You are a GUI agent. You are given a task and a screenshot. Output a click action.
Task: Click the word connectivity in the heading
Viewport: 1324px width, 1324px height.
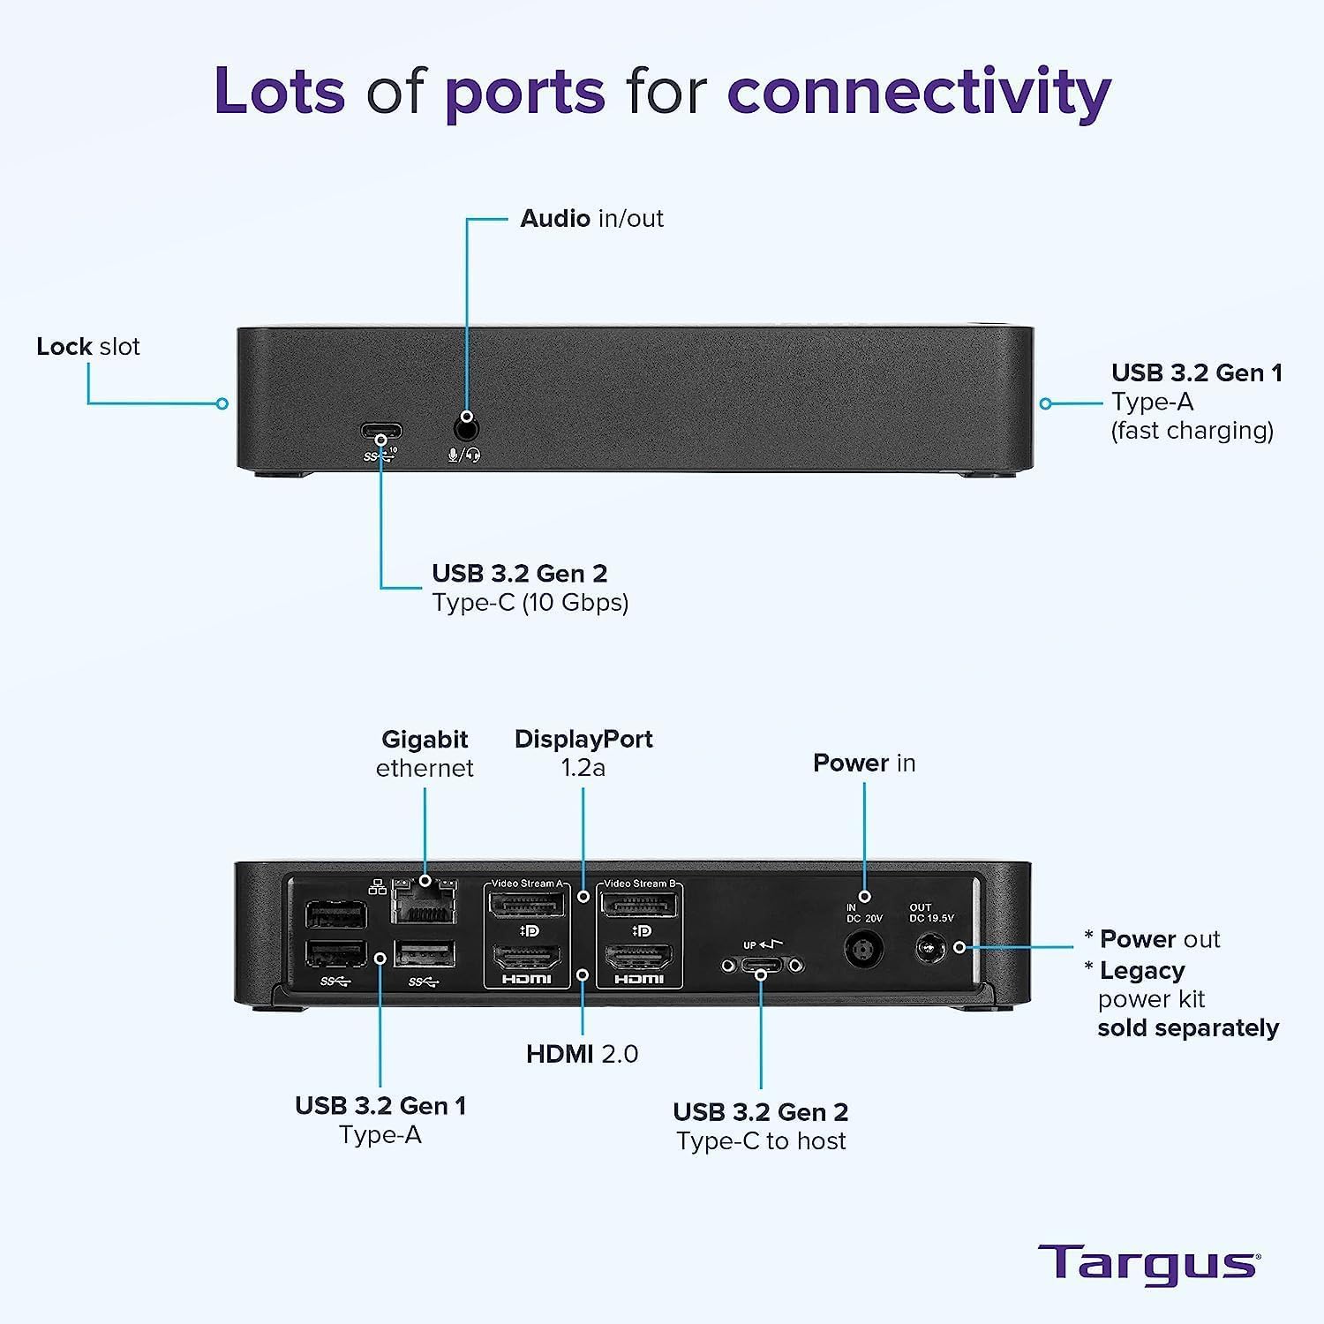(918, 92)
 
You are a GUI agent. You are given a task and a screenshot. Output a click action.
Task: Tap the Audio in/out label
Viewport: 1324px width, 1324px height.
(591, 218)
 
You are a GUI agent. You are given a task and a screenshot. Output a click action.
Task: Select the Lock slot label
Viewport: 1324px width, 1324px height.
(88, 346)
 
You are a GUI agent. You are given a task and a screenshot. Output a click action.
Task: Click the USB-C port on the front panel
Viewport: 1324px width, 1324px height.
(381, 433)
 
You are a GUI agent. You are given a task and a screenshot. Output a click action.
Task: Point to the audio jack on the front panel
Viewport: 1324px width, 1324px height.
(466, 430)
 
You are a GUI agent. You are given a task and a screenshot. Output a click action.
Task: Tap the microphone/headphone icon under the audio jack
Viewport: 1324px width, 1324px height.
(464, 455)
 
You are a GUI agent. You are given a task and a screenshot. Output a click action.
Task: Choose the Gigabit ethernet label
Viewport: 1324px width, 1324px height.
(425, 753)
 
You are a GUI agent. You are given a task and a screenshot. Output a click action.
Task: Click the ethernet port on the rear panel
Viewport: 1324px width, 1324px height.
(425, 902)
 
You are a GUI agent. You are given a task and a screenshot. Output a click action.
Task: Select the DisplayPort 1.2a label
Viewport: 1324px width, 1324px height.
(583, 753)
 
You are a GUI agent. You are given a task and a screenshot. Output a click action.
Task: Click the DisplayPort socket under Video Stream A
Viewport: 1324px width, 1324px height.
(527, 905)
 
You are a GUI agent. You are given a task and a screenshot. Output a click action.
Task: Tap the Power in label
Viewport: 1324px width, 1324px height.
(864, 763)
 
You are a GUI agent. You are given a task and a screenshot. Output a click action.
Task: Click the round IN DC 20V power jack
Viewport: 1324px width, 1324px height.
(864, 951)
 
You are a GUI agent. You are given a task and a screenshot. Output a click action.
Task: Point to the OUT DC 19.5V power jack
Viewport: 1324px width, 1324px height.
(928, 950)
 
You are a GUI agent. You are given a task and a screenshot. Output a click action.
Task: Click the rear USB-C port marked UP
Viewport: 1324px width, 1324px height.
(762, 966)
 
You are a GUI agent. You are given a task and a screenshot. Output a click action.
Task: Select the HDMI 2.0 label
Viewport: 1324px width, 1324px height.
(583, 1053)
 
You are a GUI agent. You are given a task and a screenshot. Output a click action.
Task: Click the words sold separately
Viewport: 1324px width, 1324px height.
(1188, 1028)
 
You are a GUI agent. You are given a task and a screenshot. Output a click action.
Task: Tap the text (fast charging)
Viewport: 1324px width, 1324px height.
(1192, 431)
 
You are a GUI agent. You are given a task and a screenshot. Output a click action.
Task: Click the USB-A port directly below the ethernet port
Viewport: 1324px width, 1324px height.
(425, 954)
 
